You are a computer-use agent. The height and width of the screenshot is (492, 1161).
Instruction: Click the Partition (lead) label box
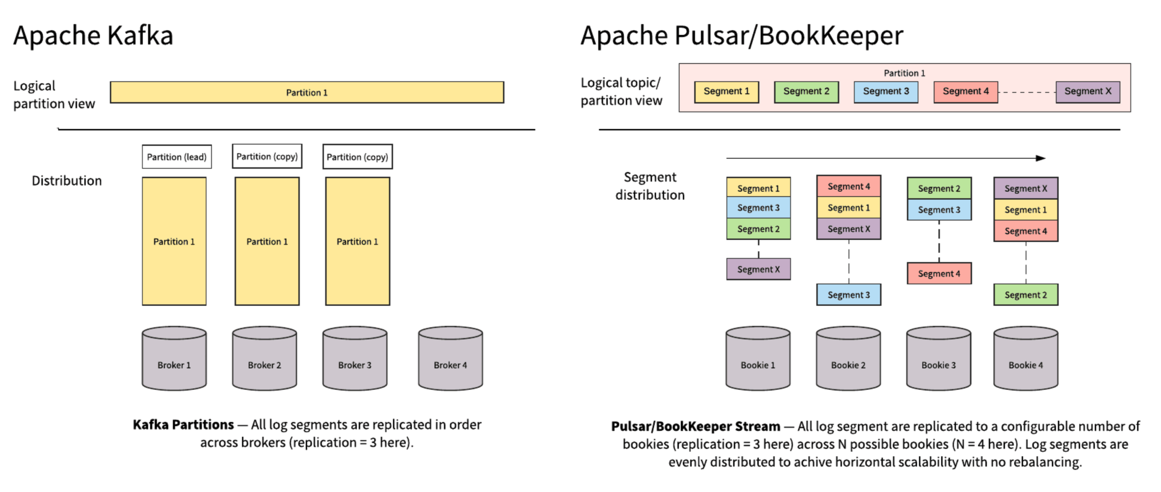coord(177,157)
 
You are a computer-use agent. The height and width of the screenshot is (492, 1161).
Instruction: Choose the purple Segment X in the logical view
coord(1088,92)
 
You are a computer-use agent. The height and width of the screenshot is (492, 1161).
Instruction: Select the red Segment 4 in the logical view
coord(966,92)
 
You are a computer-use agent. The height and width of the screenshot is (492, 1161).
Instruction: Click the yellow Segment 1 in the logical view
coord(726,92)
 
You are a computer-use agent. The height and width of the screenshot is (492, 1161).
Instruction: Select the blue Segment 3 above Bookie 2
coord(848,295)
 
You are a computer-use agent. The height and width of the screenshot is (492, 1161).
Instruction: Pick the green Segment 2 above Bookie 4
coord(1026,295)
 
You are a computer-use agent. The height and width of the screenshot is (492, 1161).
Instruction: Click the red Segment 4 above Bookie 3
coord(939,274)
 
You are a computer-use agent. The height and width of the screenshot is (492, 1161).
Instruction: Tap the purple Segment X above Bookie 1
coord(758,269)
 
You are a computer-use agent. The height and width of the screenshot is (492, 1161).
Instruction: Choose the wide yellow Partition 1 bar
coord(307,92)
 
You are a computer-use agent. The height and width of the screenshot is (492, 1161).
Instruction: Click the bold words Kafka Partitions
coord(183,425)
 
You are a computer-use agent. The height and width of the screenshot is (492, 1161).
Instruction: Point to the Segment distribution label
coord(649,186)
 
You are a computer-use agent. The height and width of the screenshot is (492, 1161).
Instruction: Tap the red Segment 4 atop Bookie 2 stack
coord(848,186)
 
